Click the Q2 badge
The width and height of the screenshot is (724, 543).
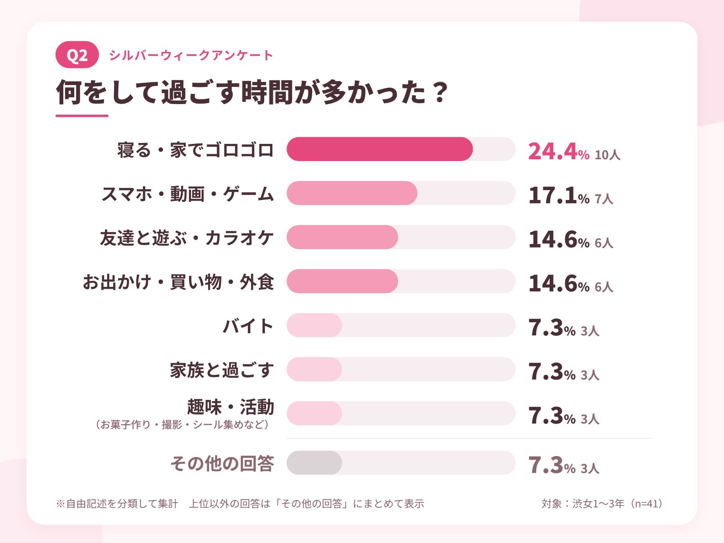point(77,55)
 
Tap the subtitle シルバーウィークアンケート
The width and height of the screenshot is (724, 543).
point(191,55)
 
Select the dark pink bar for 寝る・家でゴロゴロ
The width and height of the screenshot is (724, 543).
point(380,149)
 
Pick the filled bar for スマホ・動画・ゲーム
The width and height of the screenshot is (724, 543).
point(352,193)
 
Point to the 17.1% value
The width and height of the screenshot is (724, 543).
point(559,195)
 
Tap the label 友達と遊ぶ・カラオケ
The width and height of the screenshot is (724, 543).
point(187,238)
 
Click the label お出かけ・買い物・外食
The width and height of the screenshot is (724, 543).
point(178,282)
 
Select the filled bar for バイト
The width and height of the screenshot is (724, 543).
point(314,325)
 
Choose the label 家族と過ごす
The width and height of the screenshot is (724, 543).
point(222,370)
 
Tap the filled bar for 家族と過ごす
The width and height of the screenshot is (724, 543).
point(314,369)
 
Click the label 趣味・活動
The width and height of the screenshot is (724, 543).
point(231,407)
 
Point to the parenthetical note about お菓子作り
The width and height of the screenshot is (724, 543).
point(182,424)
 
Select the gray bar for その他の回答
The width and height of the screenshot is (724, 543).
point(314,463)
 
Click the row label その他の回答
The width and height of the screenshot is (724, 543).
point(222,463)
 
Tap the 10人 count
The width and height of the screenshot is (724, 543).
point(608,155)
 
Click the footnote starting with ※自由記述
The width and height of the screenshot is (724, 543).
point(240,504)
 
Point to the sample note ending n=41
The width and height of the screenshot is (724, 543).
point(602,504)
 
